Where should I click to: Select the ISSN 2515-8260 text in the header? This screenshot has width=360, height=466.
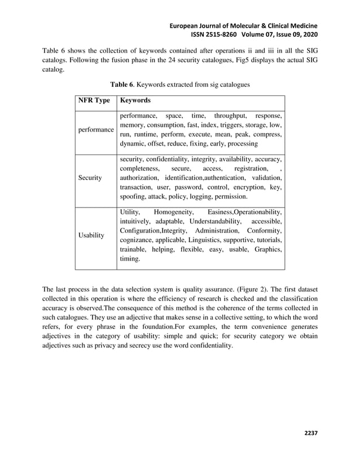tap(214, 35)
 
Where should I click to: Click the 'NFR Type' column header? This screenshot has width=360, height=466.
tap(94, 100)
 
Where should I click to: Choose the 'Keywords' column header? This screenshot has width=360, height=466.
tap(135, 100)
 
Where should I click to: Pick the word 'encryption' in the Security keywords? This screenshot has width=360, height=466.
tap(246, 187)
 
